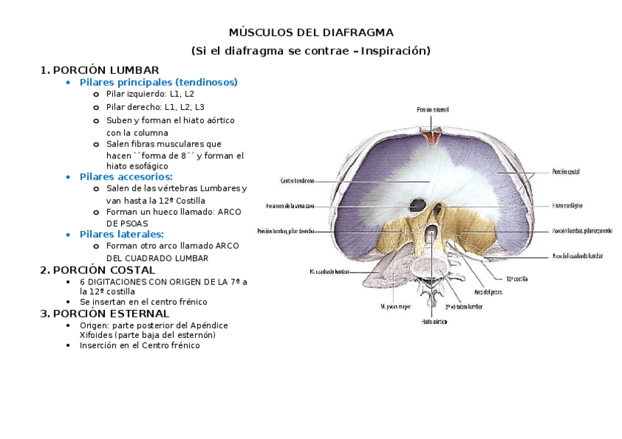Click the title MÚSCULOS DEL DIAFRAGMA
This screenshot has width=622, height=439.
coord(311,33)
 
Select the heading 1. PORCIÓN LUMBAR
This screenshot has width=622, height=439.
coord(100,70)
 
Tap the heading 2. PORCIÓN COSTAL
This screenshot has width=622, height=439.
coord(98,270)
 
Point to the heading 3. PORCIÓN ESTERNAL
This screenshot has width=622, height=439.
coord(106,314)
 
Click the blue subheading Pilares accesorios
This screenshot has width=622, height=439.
coord(126,177)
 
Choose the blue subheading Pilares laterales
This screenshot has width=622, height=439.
coord(122,234)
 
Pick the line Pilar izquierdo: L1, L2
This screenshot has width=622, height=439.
coord(150,95)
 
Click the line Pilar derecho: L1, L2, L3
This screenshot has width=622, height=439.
coord(155,107)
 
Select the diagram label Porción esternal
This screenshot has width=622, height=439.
coord(432,109)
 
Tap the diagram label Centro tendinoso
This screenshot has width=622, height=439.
coord(297,180)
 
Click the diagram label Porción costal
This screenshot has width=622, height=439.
coord(566,171)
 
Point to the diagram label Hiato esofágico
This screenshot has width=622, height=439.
coord(567,206)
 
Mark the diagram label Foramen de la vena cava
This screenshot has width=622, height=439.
coord(290,205)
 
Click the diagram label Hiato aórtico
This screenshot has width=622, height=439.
coord(434,321)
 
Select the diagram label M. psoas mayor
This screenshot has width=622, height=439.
coord(397,306)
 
